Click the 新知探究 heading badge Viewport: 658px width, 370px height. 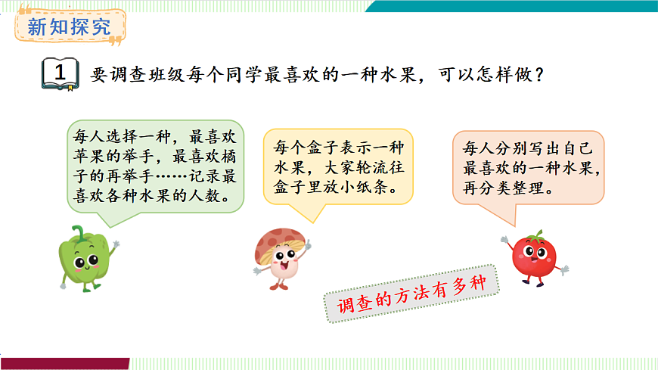(x=69, y=28)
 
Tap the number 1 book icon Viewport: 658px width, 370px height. (x=60, y=74)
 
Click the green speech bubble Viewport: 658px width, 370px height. (x=155, y=166)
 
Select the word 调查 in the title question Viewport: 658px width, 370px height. (x=118, y=76)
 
